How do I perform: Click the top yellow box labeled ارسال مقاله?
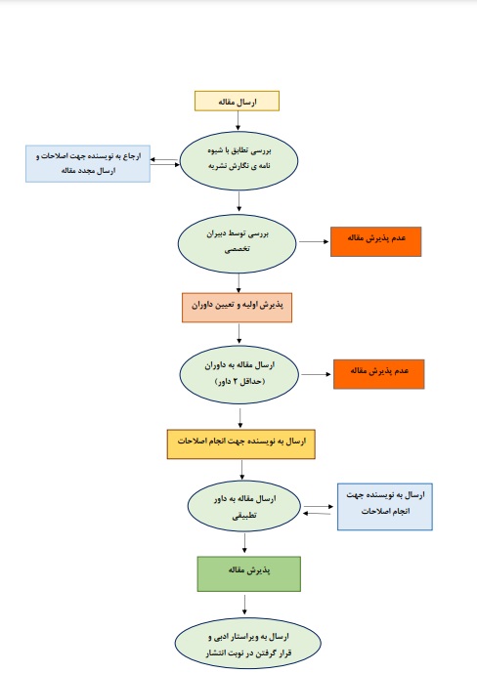[237, 101]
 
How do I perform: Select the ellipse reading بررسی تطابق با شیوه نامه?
[238, 160]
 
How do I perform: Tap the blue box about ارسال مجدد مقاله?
[88, 163]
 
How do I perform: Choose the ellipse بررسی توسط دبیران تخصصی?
[238, 244]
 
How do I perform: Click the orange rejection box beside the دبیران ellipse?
[375, 241]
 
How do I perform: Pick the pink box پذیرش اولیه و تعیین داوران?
[237, 308]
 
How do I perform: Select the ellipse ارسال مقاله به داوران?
[239, 375]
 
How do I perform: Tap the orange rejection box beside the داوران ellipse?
[378, 374]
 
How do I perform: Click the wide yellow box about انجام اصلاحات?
[240, 444]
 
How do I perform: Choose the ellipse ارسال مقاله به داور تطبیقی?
[244, 506]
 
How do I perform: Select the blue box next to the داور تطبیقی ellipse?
[385, 507]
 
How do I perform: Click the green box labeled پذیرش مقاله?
[249, 573]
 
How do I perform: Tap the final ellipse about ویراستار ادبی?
[247, 644]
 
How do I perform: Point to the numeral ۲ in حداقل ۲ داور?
[236, 381]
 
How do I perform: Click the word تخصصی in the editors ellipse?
[237, 249]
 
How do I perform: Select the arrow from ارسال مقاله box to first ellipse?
[238, 120]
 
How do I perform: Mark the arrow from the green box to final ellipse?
[244, 604]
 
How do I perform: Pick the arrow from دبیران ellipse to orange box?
[314, 241]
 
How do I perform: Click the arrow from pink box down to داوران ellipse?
[238, 333]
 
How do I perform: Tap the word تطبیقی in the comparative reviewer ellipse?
[244, 516]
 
